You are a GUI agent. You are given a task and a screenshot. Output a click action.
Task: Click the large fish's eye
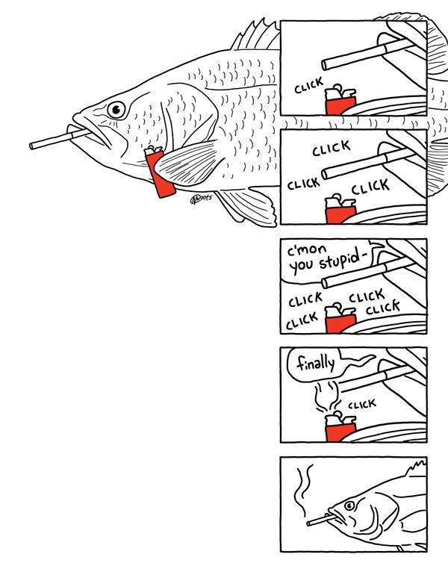click(x=116, y=109)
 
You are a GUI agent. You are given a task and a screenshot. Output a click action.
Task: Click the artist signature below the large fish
click(x=201, y=198)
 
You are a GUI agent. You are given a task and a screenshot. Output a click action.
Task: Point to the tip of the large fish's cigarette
click(x=31, y=146)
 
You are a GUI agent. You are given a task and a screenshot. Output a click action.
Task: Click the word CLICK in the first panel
click(x=308, y=86)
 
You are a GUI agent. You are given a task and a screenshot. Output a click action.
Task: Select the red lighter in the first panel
click(x=340, y=100)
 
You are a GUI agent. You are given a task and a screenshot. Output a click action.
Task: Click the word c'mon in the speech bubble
click(x=307, y=250)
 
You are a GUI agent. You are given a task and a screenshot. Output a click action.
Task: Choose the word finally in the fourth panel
click(x=316, y=363)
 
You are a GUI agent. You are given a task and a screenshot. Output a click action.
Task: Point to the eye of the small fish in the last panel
click(x=349, y=506)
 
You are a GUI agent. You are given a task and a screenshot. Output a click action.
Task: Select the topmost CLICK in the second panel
click(x=332, y=148)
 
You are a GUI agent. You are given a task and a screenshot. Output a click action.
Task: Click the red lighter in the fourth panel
click(x=340, y=427)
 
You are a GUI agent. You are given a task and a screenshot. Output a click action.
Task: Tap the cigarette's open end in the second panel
click(x=325, y=174)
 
